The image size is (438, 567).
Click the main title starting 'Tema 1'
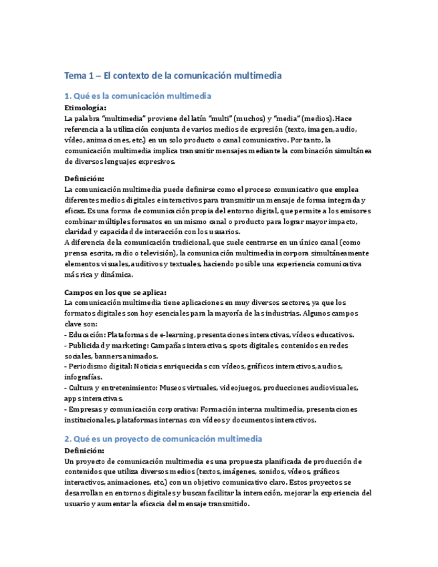173,76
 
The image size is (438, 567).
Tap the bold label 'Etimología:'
85,107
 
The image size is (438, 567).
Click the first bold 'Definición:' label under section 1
84,179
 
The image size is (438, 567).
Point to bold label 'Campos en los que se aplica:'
115,292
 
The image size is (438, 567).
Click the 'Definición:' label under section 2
84,450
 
